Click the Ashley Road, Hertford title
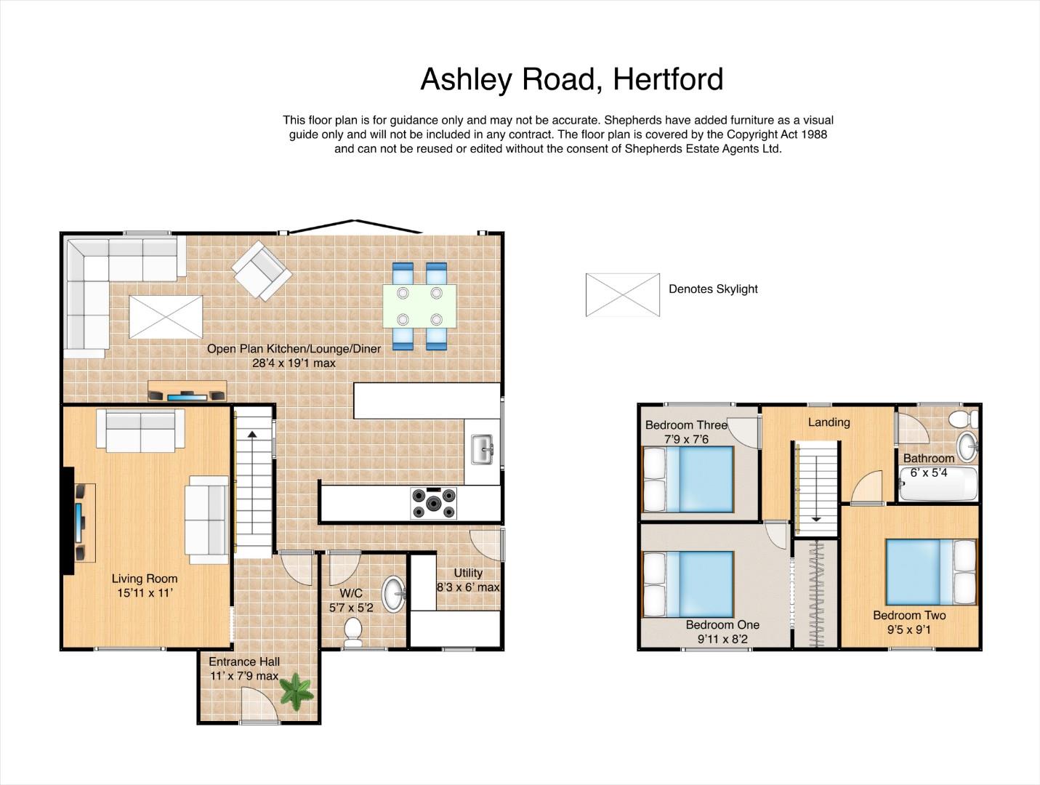tap(572, 79)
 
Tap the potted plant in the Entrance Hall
tap(297, 691)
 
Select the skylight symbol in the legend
tap(623, 294)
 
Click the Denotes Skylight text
tap(713, 289)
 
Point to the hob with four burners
tap(434, 503)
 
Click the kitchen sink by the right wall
tap(483, 449)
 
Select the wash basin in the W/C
tap(394, 594)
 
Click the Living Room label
tap(145, 579)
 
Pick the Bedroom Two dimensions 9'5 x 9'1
tap(909, 629)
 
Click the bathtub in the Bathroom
tap(938, 483)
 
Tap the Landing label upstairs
tap(829, 422)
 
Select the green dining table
tap(420, 306)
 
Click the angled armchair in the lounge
tap(262, 270)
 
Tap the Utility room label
tap(468, 573)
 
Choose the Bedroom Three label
tap(686, 425)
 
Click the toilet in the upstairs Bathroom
tap(964, 419)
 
